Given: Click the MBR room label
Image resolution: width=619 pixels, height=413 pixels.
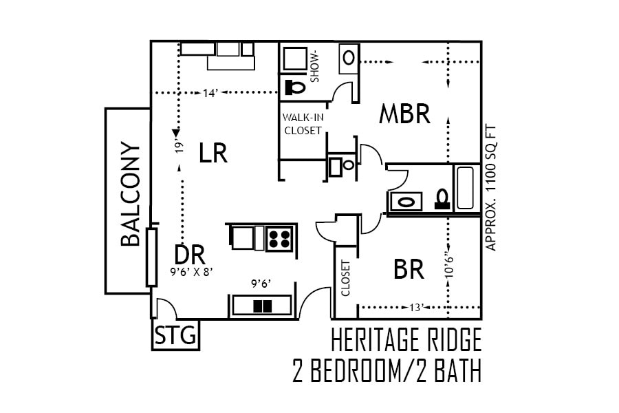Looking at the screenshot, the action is pos(404,114).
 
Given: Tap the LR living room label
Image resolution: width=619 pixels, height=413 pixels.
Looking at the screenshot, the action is pos(213,153).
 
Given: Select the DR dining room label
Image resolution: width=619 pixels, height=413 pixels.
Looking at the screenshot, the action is pos(190,255).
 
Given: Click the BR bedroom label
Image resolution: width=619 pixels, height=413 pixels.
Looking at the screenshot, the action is pos(409,269).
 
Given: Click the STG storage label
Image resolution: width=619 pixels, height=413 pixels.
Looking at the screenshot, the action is pos(175,337).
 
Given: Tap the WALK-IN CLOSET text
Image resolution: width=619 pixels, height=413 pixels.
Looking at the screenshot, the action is pos(303,124).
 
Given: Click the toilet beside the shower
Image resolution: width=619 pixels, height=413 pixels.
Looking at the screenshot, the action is pos(296,87).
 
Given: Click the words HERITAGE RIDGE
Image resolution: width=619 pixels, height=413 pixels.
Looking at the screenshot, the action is pos(406,341).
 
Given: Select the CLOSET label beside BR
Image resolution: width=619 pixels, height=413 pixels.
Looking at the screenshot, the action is pos(345,278).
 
